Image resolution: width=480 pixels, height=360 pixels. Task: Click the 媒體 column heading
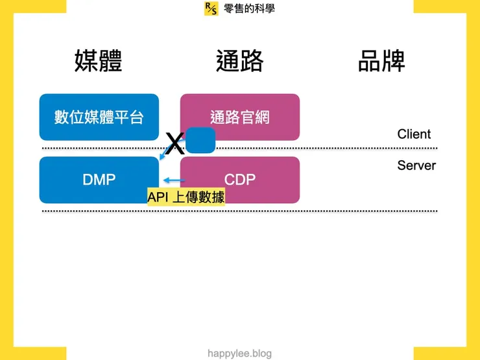99,60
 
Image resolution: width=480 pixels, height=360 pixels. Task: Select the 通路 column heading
239,60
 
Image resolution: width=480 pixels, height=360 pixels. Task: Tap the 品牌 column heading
381,60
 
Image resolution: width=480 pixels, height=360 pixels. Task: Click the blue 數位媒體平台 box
99,117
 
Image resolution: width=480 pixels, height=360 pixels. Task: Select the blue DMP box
99,180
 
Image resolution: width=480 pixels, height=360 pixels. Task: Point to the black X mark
174,143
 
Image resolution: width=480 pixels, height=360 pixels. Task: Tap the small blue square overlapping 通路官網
200,140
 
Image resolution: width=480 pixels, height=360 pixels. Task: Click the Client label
414,134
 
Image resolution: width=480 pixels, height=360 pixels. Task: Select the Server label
416,165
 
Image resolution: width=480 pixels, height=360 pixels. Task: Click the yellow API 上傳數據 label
186,197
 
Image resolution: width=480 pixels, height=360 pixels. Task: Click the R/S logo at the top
211,8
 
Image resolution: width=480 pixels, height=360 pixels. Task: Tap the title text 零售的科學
249,8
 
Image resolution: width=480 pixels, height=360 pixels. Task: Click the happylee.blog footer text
239,354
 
